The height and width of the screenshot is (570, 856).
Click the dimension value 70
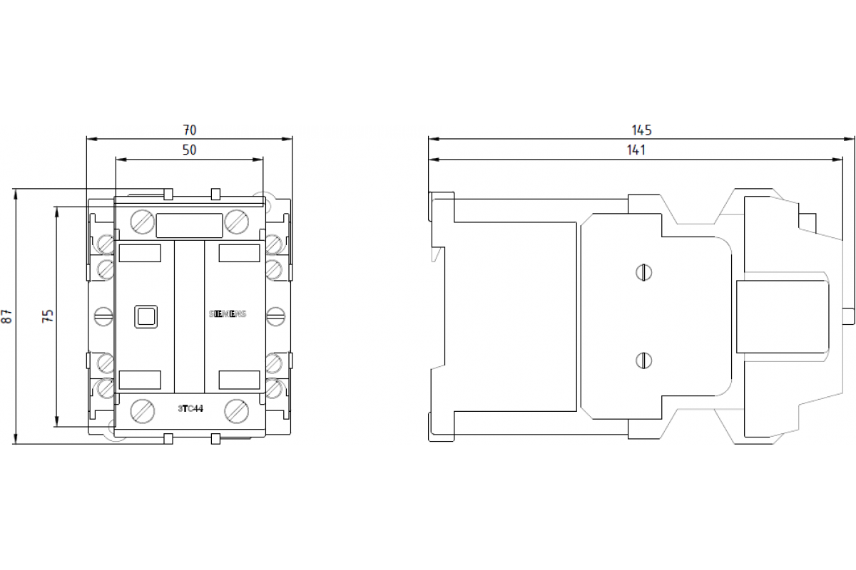coord(189,130)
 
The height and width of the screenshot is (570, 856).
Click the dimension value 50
coord(189,150)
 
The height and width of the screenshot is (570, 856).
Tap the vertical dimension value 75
coord(48,316)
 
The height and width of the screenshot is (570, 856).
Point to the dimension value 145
coord(641,130)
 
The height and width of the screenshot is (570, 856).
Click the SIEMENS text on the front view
coord(227,314)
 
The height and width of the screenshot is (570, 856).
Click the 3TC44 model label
coord(189,408)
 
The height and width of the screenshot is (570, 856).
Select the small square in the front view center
coord(146,316)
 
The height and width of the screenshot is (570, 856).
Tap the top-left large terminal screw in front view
coord(142,222)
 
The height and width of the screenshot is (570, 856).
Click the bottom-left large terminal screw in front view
coord(142,410)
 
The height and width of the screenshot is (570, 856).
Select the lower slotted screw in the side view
coord(643,361)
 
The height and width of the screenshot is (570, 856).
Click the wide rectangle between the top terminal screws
coord(189,226)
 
